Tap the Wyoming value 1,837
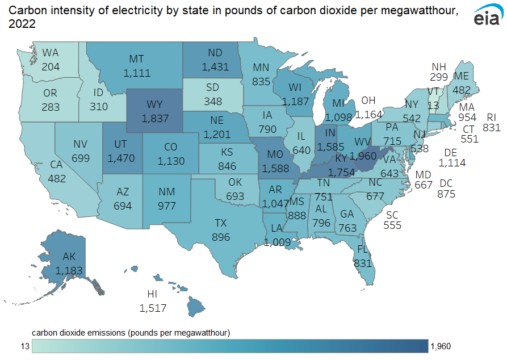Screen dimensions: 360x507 [x=153, y=117]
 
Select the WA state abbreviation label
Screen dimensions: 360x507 [x=51, y=53]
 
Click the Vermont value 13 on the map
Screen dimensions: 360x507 [x=433, y=104]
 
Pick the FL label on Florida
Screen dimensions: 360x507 [x=362, y=250]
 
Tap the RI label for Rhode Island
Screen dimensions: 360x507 [x=492, y=117]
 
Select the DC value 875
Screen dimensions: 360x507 [x=447, y=194]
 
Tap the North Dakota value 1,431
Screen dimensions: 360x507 [x=215, y=66]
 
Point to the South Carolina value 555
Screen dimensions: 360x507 [x=392, y=225]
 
